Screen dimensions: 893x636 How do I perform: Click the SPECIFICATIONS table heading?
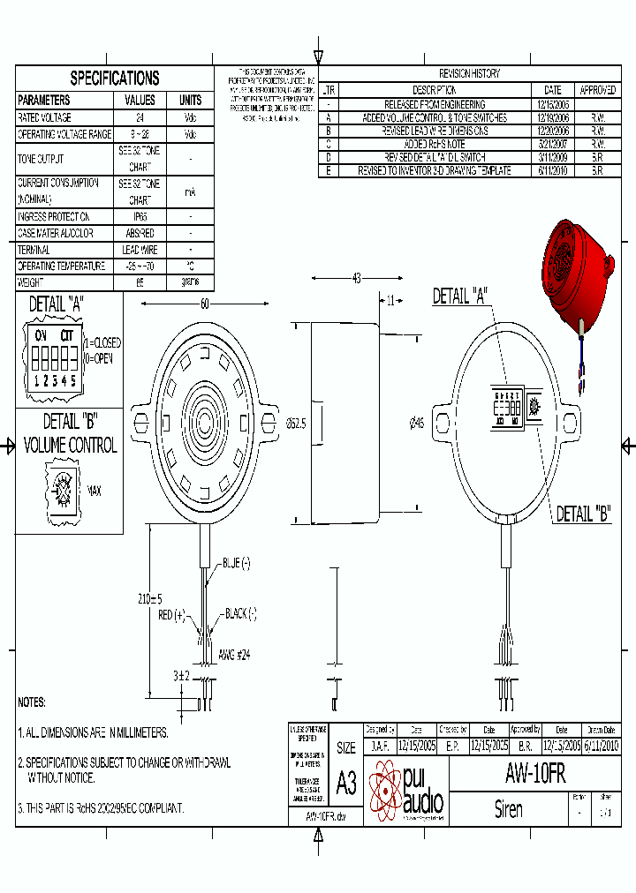(115, 79)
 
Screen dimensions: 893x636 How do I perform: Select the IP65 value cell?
(140, 217)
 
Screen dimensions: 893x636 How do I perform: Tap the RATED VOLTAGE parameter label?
(45, 117)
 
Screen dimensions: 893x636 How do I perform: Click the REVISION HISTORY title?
(469, 74)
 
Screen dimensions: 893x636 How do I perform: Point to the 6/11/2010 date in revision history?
(552, 171)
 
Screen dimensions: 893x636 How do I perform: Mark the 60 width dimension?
(204, 304)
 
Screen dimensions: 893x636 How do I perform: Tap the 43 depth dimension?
(356, 279)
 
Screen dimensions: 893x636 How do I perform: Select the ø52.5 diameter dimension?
(297, 424)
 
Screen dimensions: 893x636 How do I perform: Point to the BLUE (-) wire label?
(236, 562)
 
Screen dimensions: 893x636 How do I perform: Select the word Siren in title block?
(508, 809)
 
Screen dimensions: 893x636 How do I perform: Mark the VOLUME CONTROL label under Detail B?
(70, 446)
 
